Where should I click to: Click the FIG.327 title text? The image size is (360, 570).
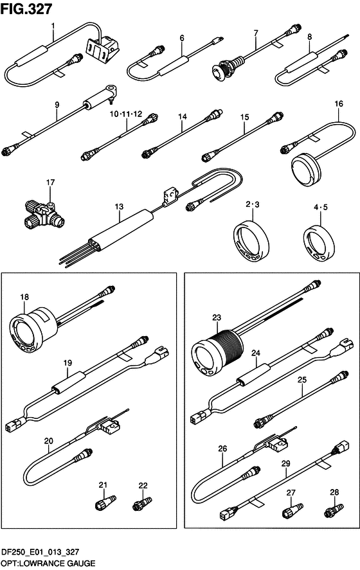[26, 9]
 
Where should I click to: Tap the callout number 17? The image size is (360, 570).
[50, 182]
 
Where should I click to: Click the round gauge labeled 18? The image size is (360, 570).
[32, 330]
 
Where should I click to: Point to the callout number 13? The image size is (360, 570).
[120, 206]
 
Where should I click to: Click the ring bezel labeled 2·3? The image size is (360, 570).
[251, 240]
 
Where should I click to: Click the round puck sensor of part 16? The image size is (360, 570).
[307, 165]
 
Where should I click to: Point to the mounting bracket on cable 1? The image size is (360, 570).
[102, 48]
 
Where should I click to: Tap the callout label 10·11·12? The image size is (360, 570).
[126, 114]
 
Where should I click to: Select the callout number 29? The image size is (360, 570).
[286, 463]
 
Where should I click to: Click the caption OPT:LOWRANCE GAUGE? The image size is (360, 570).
[48, 564]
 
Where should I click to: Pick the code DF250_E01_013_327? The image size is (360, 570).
[40, 552]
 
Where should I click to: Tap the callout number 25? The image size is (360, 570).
[301, 380]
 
